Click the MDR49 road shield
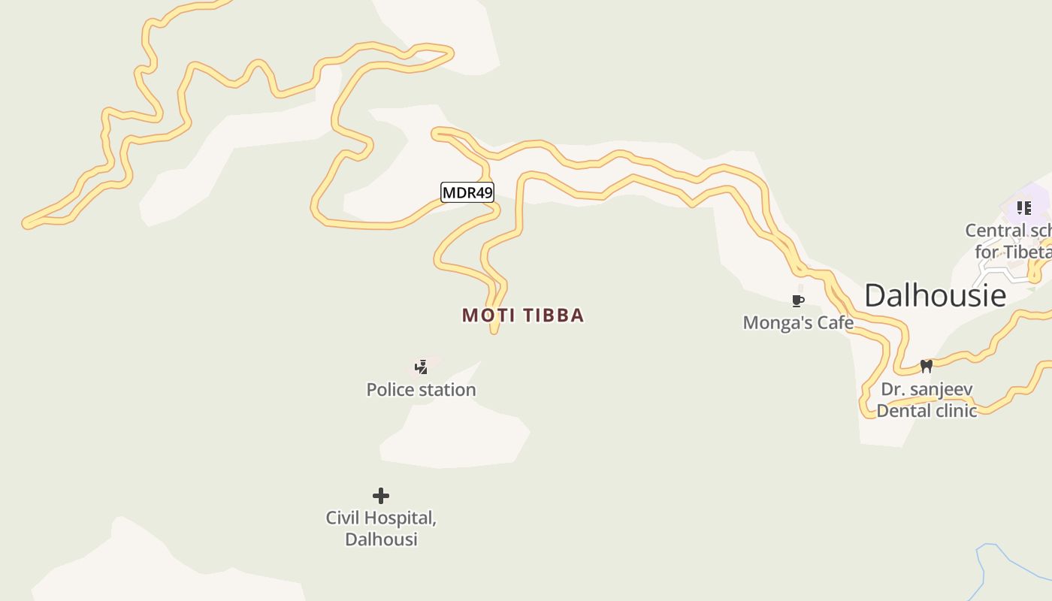tap(467, 193)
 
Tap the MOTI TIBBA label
tap(523, 315)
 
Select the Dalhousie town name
tap(935, 295)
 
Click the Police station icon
tap(422, 367)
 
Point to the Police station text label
tap(421, 389)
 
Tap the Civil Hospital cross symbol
tap(381, 495)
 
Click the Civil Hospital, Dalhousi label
tap(381, 528)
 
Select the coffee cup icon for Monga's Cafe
tap(798, 301)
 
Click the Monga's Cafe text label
tap(798, 322)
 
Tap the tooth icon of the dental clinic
tap(926, 366)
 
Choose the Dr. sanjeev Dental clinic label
tap(927, 400)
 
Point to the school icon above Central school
tap(1023, 207)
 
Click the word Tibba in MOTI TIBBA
tap(551, 315)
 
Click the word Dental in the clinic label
tap(906, 410)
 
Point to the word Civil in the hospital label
tap(342, 518)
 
